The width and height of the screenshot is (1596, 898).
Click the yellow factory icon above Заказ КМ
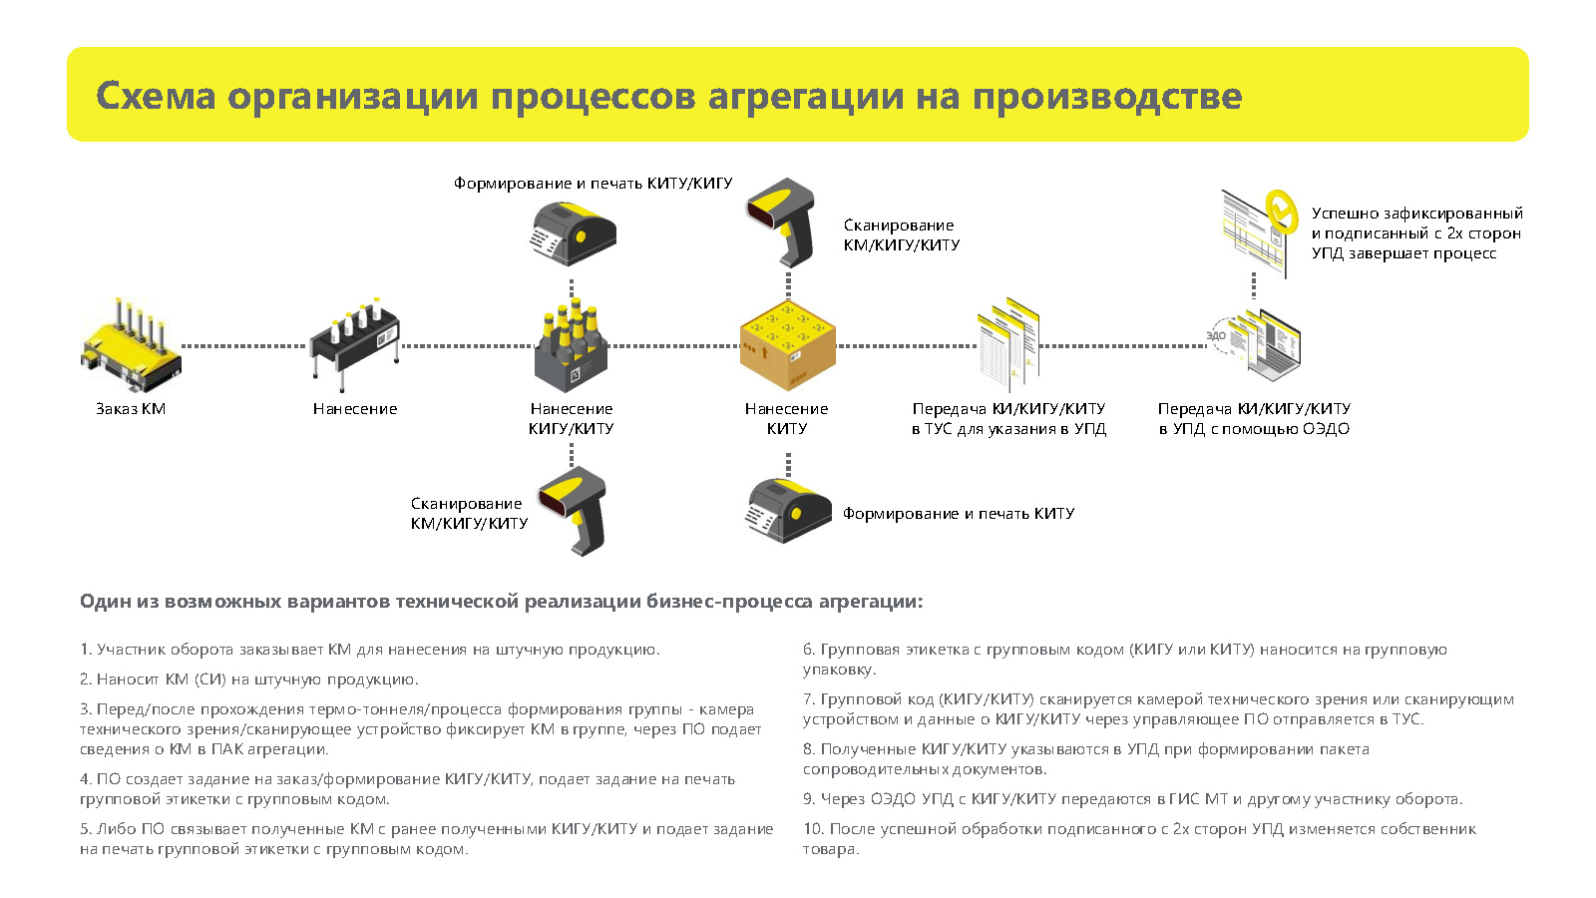click(131, 345)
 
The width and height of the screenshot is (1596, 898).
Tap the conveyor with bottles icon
click(354, 345)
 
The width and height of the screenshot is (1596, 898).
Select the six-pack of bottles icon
click(571, 345)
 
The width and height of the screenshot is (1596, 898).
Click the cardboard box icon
click(787, 345)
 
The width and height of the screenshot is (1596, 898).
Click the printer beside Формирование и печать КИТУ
click(788, 511)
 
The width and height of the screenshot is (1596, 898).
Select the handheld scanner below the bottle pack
click(573, 511)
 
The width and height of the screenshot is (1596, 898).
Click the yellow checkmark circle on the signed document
click(1281, 209)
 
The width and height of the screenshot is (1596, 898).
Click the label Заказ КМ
click(131, 409)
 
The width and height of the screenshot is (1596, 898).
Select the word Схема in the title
click(156, 96)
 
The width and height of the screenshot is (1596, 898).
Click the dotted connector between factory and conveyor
click(243, 346)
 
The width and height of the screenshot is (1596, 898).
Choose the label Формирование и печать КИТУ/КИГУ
click(593, 184)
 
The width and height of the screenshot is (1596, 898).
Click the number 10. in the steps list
click(813, 829)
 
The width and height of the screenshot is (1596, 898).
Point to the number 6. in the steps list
click(809, 650)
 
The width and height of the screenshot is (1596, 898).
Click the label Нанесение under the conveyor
click(355, 409)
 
